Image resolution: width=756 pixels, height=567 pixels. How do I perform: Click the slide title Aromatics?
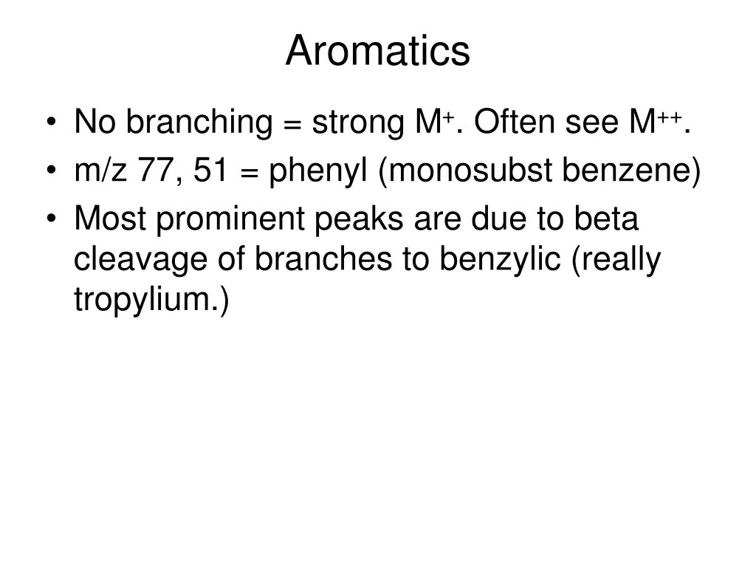pyautogui.click(x=377, y=52)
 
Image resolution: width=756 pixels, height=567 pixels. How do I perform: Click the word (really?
pyautogui.click(x=616, y=261)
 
